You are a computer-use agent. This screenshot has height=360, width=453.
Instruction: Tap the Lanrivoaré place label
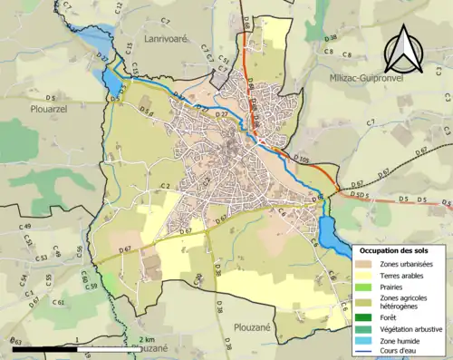(166, 40)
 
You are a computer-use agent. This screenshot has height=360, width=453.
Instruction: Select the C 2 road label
(166, 187)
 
